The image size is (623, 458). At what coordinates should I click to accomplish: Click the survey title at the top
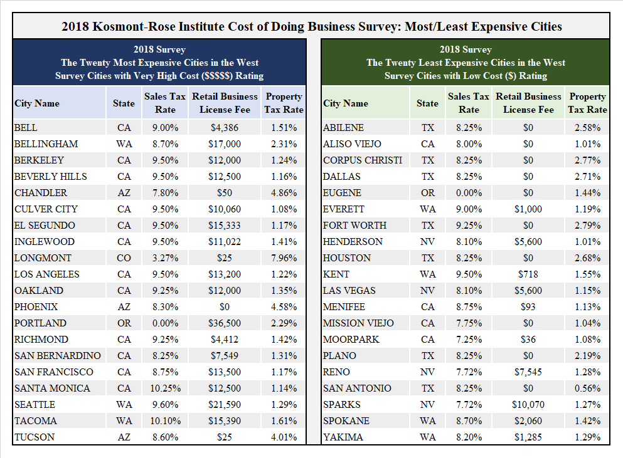tap(312, 27)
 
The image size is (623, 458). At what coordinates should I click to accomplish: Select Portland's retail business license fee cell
tap(224, 323)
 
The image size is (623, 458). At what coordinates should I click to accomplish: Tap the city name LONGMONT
tap(43, 258)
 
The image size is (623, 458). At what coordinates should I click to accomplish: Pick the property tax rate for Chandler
tap(284, 193)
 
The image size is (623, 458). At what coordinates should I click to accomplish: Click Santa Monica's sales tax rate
tap(164, 388)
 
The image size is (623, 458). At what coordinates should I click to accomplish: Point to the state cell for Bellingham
tap(124, 144)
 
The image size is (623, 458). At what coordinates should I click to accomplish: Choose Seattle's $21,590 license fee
tap(224, 405)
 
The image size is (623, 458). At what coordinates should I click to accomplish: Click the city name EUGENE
tap(343, 193)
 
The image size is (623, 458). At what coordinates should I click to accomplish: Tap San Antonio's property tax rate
tap(587, 388)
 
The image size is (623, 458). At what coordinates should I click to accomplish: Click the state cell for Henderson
tap(427, 242)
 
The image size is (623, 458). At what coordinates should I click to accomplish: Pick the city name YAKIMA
tap(343, 437)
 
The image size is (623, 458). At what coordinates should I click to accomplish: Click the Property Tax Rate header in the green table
tap(587, 103)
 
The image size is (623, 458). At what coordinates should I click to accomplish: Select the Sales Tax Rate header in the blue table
tap(164, 103)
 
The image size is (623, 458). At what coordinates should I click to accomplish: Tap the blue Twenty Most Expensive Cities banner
tap(159, 63)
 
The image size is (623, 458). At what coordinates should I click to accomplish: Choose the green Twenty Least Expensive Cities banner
tap(466, 63)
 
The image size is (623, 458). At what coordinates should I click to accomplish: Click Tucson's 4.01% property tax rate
tap(284, 437)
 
